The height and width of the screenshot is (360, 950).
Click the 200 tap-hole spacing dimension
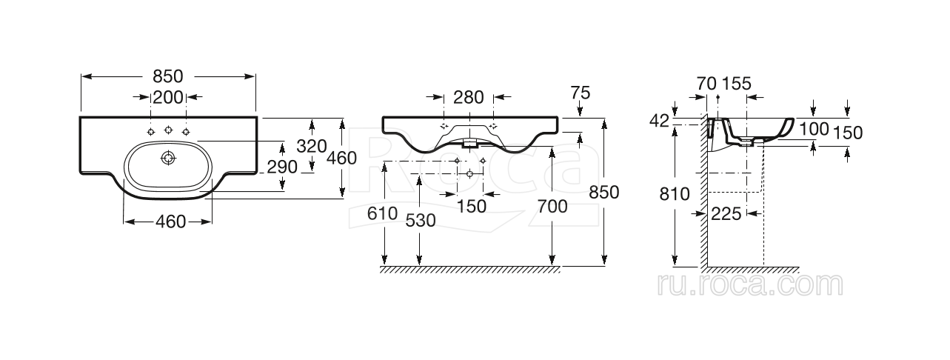click(x=168, y=98)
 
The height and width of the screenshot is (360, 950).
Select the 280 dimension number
click(x=468, y=98)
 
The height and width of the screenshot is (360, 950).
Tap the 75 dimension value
click(x=581, y=93)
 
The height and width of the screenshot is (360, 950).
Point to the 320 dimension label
click(x=311, y=146)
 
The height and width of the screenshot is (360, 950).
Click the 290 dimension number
click(x=282, y=167)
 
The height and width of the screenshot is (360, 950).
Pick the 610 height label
click(x=382, y=214)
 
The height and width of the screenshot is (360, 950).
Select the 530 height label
click(x=421, y=221)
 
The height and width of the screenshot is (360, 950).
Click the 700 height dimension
click(x=552, y=207)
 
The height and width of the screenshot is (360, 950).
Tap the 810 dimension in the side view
click(x=675, y=194)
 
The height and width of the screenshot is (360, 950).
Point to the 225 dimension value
click(x=726, y=214)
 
